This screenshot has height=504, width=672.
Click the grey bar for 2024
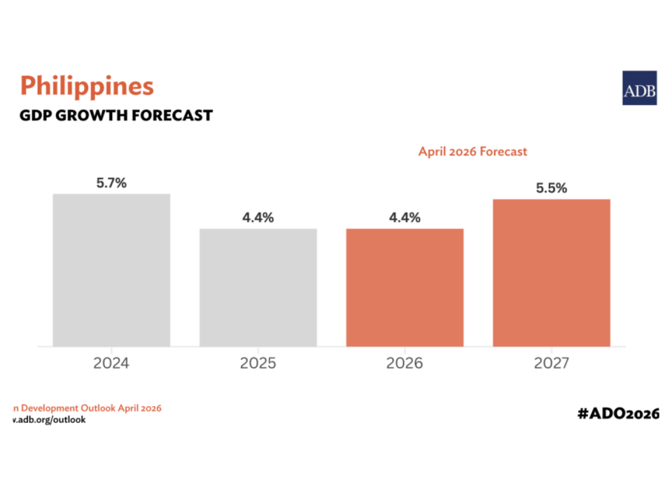pyautogui.click(x=111, y=269)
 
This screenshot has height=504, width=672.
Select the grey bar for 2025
pyautogui.click(x=258, y=287)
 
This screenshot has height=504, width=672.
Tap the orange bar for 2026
pyautogui.click(x=405, y=287)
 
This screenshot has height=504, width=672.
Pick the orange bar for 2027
pyautogui.click(x=552, y=272)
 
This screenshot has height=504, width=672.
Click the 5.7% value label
pyautogui.click(x=111, y=183)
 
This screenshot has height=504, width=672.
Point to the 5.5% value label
pyautogui.click(x=552, y=188)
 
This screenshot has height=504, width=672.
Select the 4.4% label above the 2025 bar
pyautogui.click(x=258, y=218)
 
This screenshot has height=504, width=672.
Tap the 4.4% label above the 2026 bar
pyautogui.click(x=405, y=218)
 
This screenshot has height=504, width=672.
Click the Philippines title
pyautogui.click(x=87, y=85)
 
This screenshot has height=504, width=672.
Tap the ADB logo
pyautogui.click(x=639, y=88)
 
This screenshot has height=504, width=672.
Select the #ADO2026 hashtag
pyautogui.click(x=618, y=414)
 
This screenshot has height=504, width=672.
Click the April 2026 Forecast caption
pyautogui.click(x=472, y=151)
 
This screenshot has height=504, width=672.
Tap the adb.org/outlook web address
pyautogui.click(x=50, y=420)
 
